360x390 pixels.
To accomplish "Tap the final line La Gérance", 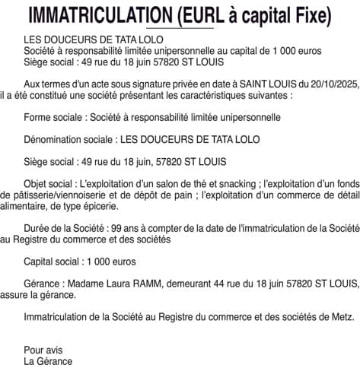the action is [48, 361].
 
